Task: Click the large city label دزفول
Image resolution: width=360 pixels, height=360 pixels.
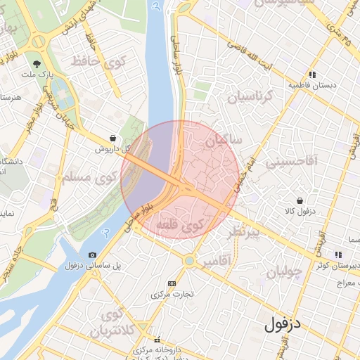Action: point(283,325)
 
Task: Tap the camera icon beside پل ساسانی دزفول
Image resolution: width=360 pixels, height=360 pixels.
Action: point(93,255)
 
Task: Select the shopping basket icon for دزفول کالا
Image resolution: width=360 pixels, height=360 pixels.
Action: point(300,200)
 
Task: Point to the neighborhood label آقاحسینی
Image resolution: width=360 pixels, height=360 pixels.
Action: point(292,162)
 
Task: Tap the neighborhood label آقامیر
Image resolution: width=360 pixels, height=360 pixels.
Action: point(215,262)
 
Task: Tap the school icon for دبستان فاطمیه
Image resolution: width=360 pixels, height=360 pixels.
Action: point(311,75)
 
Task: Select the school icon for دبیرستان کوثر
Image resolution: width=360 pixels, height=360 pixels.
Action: point(338,255)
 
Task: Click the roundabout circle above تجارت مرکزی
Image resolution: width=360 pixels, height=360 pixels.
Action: point(188,261)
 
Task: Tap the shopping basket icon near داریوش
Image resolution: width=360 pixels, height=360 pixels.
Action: point(113,139)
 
